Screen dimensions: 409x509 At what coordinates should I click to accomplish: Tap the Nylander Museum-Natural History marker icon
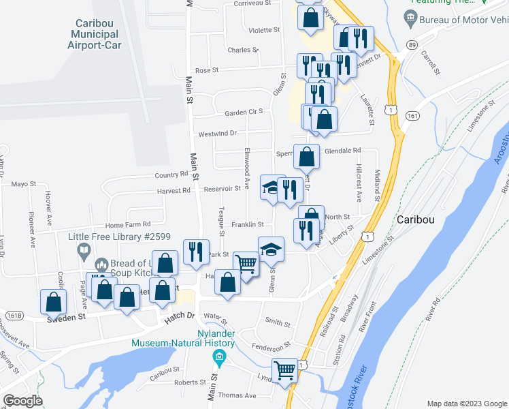point(219,357)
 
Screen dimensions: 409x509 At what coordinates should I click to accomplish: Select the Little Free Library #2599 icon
point(83,251)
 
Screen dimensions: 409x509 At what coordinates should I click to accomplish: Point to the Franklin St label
point(247,224)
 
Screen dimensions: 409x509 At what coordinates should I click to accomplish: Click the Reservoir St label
point(224,189)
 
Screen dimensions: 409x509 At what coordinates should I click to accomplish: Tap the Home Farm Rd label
point(128,224)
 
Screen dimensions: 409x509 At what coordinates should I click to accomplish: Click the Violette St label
point(265,30)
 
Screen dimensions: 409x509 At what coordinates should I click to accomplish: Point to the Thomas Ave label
point(237,395)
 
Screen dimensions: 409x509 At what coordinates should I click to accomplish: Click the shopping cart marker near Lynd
point(284,372)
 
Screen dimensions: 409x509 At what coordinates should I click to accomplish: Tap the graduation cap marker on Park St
point(271,249)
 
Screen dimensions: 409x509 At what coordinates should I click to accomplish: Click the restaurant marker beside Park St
point(194,251)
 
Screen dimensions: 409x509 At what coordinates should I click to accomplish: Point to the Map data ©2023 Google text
point(466,403)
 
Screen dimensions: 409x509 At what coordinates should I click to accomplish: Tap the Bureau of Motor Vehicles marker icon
point(411,15)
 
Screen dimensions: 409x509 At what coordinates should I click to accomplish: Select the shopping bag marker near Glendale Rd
point(307,157)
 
